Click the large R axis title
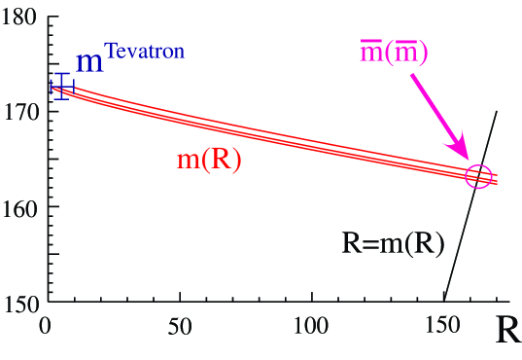coord(508,331)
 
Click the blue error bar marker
coord(61,87)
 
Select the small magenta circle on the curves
coord(478,176)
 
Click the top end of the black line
coord(498,111)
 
